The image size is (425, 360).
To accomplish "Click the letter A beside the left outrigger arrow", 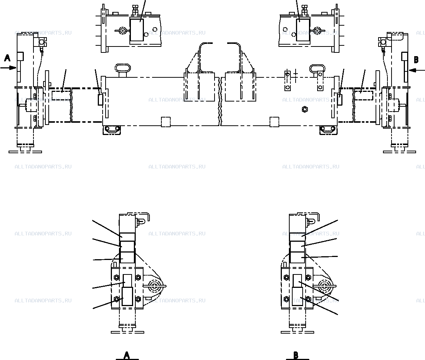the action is (x=7, y=58).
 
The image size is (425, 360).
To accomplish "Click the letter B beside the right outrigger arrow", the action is (x=416, y=60).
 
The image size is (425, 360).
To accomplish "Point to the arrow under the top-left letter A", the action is (x=9, y=68).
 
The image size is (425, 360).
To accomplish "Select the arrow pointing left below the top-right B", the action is (x=417, y=71).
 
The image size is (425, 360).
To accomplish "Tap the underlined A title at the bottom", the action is (x=127, y=356).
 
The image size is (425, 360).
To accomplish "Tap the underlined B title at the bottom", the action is (x=296, y=356).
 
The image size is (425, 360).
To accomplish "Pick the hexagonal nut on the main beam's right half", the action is (x=305, y=109).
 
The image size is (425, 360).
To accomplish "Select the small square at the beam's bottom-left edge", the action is (x=166, y=122).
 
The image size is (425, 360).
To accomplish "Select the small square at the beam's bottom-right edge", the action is (x=274, y=122).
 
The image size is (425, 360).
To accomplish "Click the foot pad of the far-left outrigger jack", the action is (x=25, y=152).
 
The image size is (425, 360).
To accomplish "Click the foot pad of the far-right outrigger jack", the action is (x=399, y=152).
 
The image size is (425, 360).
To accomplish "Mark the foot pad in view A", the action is (x=128, y=332).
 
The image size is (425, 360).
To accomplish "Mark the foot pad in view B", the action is (x=297, y=332).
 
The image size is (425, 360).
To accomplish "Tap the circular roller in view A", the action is (x=155, y=286).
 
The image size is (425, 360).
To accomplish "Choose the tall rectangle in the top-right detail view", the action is (x=303, y=30).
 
